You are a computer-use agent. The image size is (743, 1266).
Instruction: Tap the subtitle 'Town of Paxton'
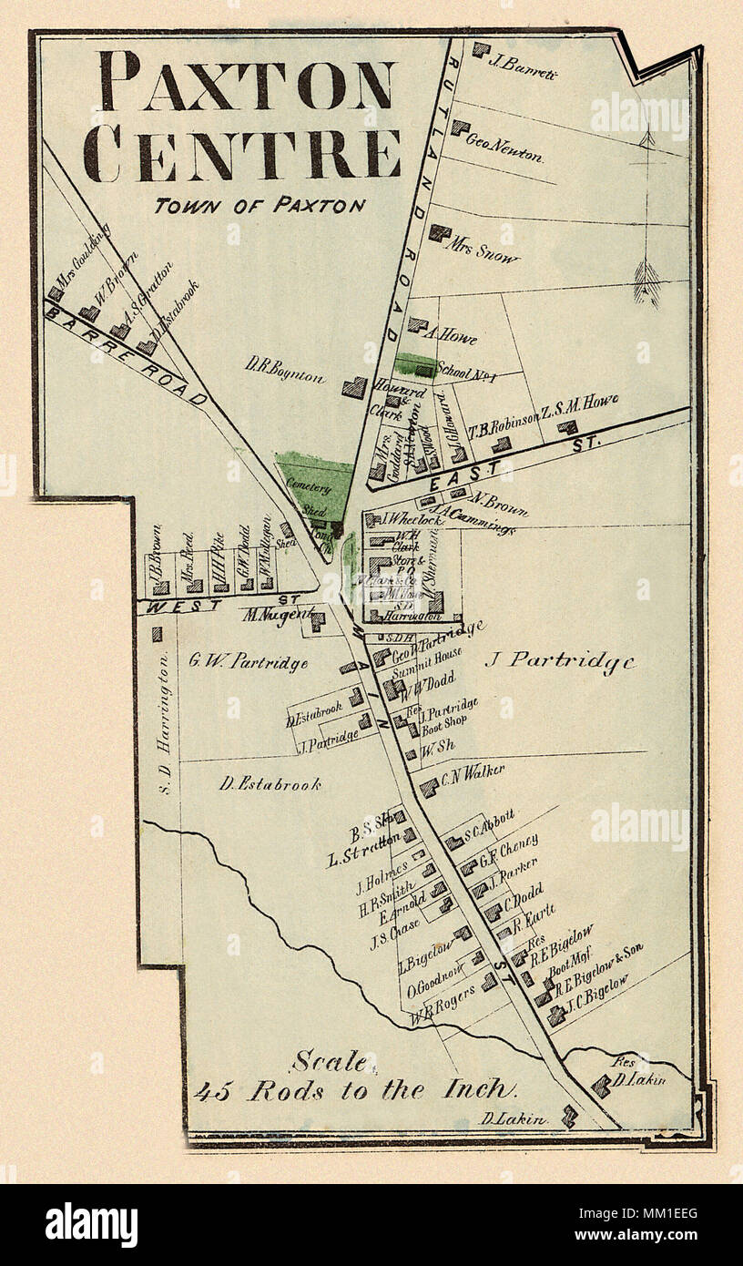pos(259,206)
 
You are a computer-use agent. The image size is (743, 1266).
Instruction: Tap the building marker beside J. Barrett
pos(480,49)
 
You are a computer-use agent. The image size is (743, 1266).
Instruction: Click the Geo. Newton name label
pos(504,148)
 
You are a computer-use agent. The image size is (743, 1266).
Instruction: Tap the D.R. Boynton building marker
pos(354,388)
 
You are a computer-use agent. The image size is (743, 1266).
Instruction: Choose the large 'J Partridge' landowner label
pos(558,661)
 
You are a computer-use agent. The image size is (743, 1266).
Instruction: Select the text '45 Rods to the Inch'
pos(354,1090)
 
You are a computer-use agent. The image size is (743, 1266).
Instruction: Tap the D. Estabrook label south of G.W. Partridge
pos(270,784)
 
